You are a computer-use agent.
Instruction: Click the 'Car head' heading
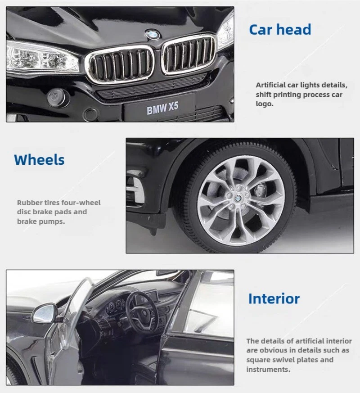pyautogui.click(x=280, y=30)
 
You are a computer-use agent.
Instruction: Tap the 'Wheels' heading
pyautogui.click(x=39, y=160)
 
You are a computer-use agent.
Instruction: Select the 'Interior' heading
pyautogui.click(x=274, y=298)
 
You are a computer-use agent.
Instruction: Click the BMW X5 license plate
pyautogui.click(x=162, y=108)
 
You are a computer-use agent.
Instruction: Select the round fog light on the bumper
pyautogui.click(x=58, y=95)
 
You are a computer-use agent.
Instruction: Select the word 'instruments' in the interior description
pyautogui.click(x=267, y=369)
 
